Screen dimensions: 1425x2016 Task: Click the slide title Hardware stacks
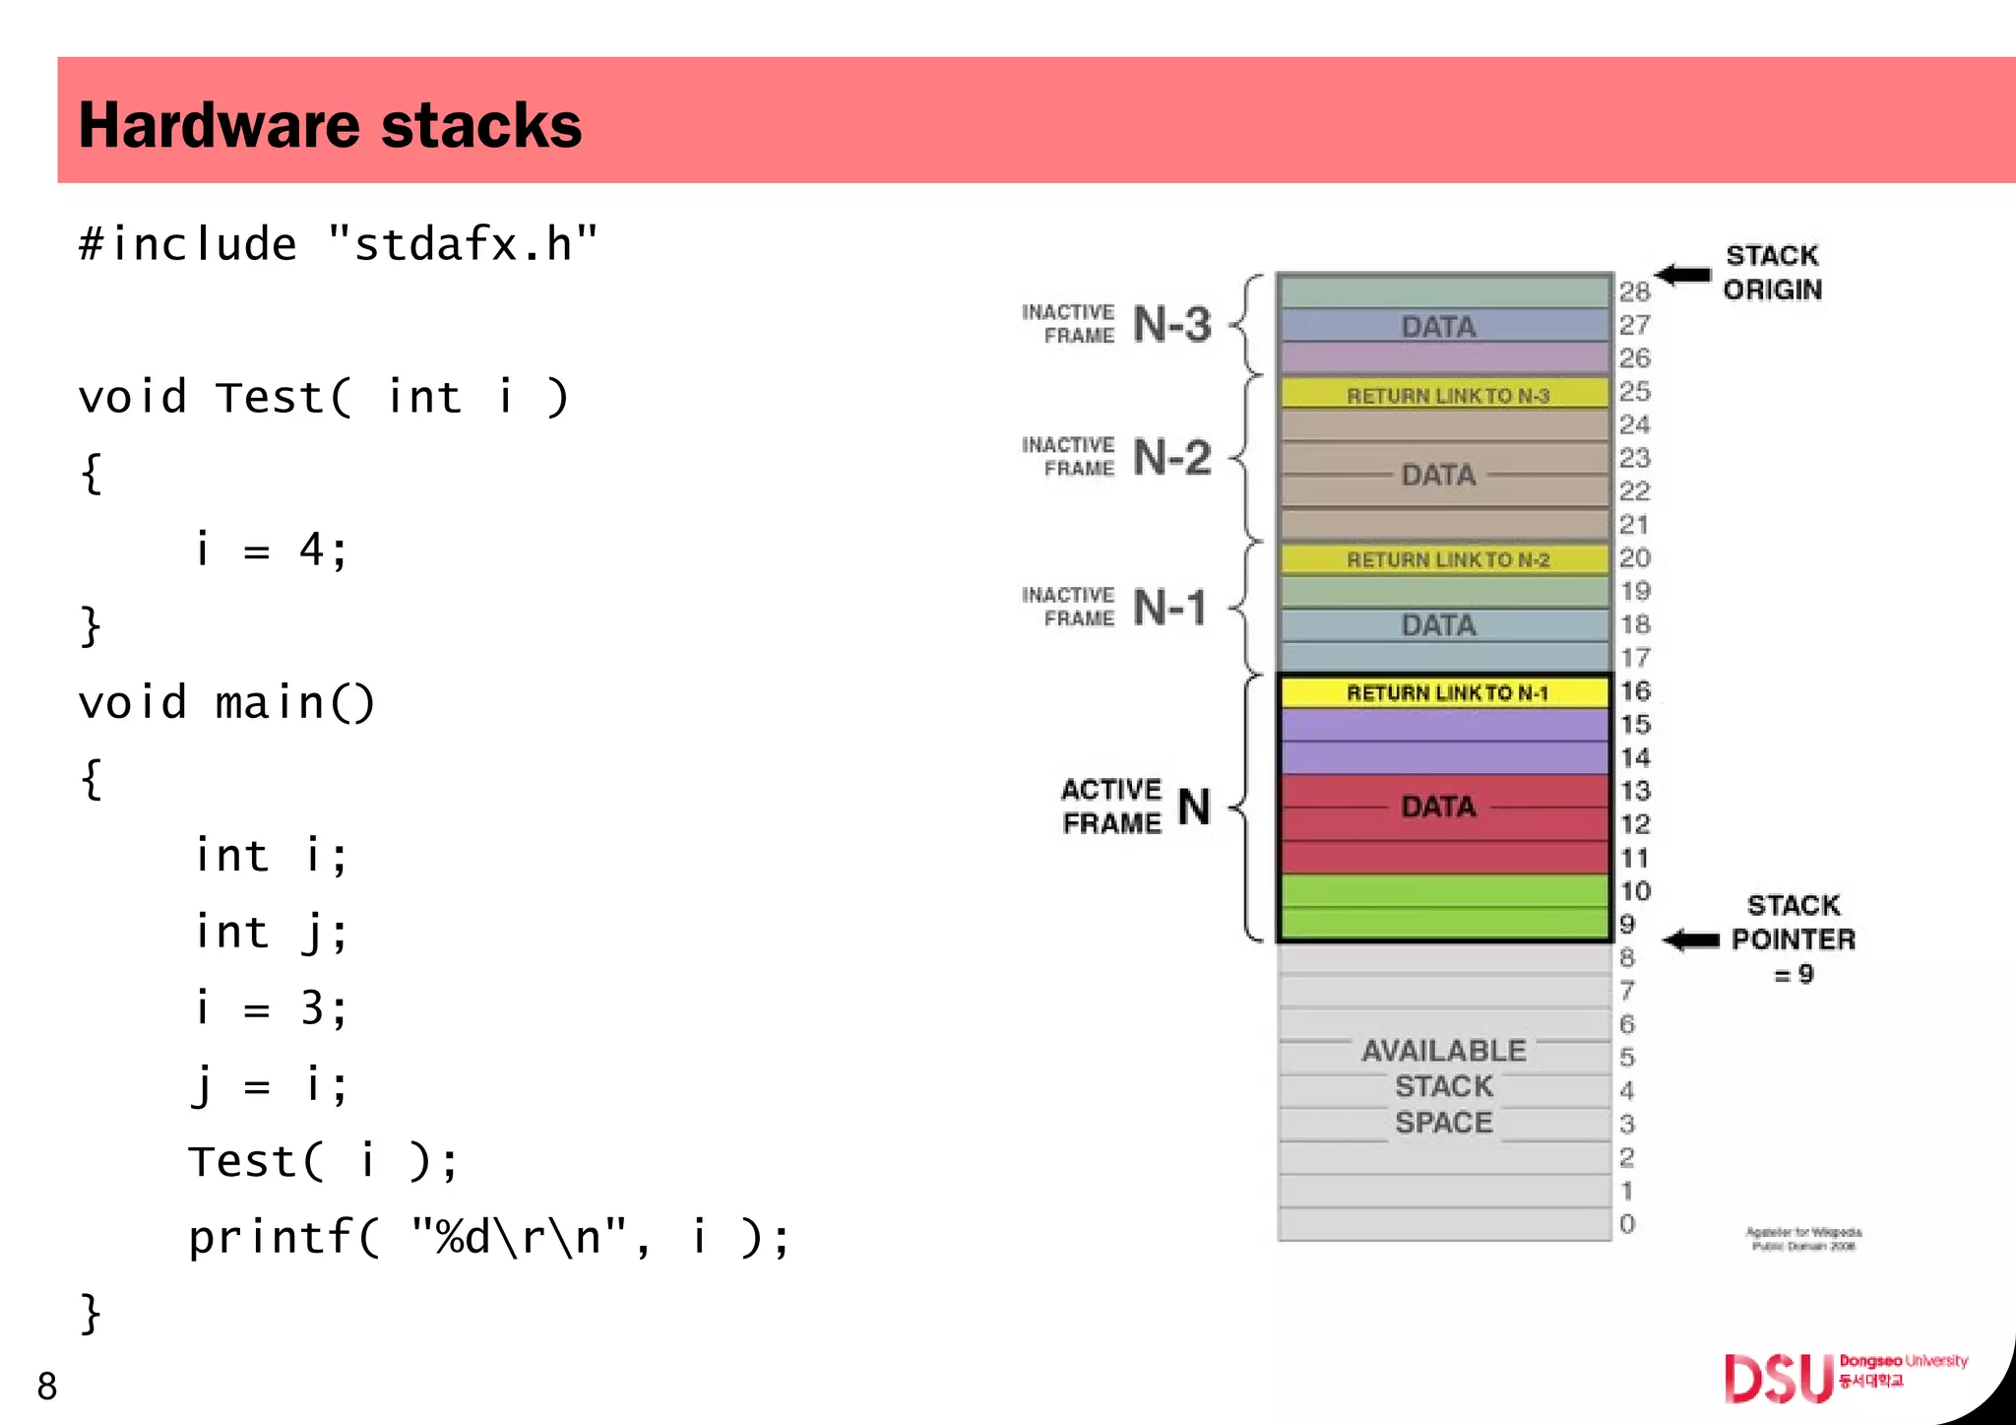[x=330, y=125]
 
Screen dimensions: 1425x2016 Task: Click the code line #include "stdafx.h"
[x=338, y=244]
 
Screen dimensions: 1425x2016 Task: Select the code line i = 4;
[x=271, y=550]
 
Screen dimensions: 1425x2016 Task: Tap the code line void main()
[x=226, y=703]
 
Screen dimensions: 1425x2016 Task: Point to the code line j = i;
[x=269, y=1085]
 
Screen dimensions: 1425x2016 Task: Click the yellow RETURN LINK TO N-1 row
[x=1445, y=692]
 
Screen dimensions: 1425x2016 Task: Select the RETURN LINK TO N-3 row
[x=1445, y=395]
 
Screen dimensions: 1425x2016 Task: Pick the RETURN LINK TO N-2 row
[x=1445, y=559]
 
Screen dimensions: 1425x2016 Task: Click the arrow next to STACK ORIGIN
[x=1682, y=274]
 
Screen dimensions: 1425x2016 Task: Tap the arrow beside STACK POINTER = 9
[x=1691, y=940]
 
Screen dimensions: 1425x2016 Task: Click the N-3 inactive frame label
[x=1170, y=324]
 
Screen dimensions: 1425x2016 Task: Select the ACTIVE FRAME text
[x=1111, y=806]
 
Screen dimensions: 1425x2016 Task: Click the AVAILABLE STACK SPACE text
[x=1443, y=1086]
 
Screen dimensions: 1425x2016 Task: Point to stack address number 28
[x=1634, y=291]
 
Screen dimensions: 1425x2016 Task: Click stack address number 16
[x=1635, y=691]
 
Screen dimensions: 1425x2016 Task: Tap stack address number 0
[x=1627, y=1224]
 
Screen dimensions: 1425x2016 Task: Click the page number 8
[x=47, y=1386]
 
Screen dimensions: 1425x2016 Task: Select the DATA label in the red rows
[x=1438, y=807]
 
